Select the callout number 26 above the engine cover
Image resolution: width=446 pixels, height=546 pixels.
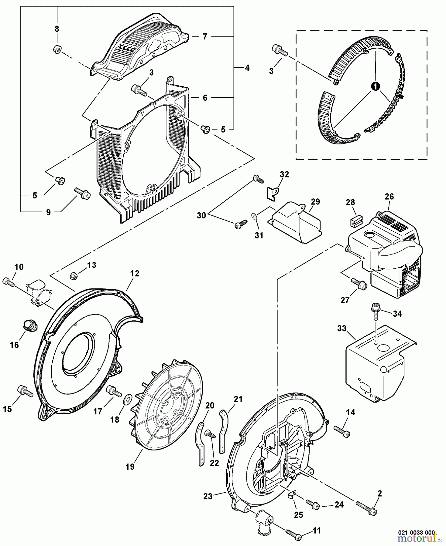tap(389, 197)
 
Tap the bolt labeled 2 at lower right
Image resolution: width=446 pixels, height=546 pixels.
tap(366, 512)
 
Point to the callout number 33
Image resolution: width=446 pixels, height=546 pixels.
tap(342, 329)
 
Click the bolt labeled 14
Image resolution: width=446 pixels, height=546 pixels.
tap(342, 432)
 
